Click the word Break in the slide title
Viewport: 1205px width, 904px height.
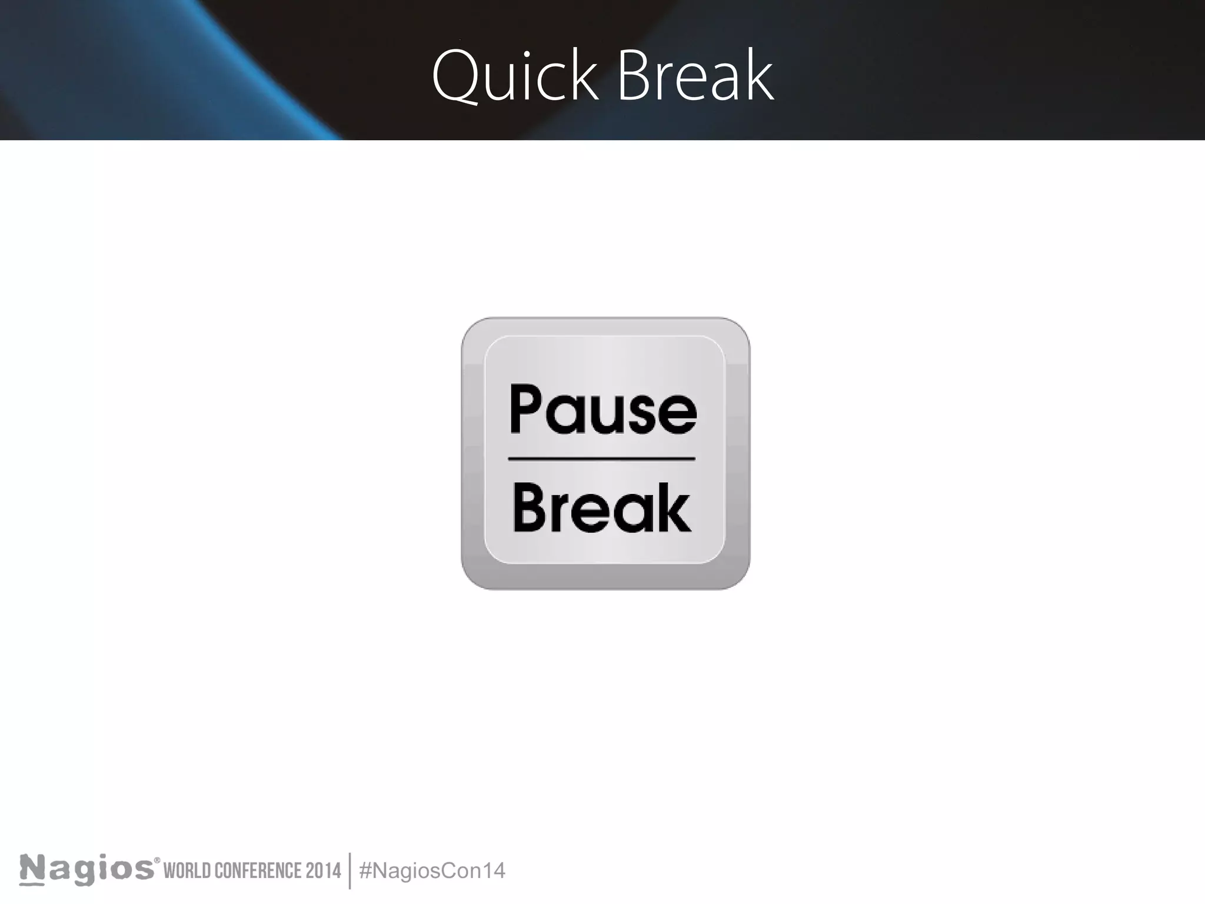[x=695, y=77]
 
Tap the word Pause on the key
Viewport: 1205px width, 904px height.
[x=603, y=410]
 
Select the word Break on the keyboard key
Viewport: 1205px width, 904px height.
[x=602, y=508]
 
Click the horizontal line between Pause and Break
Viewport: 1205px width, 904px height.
[x=601, y=458]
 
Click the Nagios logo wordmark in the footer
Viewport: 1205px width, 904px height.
[x=86, y=870]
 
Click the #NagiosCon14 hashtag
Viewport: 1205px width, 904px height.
[x=432, y=870]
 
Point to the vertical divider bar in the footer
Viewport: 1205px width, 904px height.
[x=350, y=870]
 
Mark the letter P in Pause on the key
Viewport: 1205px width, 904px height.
[x=525, y=410]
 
